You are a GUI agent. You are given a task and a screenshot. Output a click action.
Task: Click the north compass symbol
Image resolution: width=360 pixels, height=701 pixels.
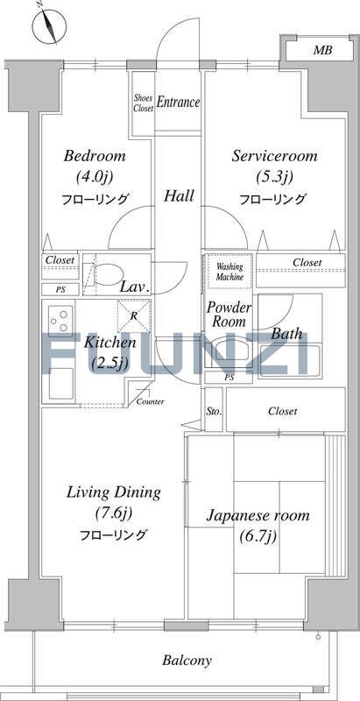point(49,26)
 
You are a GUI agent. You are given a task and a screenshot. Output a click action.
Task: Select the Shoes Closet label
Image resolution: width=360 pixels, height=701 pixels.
point(144,103)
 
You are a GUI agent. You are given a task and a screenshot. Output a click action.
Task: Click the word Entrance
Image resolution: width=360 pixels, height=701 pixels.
point(178,103)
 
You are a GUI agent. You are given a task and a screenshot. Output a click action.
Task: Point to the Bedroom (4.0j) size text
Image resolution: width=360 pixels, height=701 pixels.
point(95,177)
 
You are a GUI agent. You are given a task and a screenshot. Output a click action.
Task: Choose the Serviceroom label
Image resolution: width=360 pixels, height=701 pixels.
point(275,156)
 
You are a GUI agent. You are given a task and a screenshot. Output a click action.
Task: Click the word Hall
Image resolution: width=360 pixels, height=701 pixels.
point(179,195)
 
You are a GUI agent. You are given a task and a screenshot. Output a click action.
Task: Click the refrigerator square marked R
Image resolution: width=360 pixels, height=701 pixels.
point(133,316)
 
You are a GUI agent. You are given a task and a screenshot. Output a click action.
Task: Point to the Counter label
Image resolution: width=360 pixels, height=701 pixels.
point(150,401)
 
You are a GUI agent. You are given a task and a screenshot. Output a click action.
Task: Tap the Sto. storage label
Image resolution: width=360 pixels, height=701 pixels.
point(214,411)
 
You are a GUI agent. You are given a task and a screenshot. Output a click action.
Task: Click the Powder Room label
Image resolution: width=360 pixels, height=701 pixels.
point(229,315)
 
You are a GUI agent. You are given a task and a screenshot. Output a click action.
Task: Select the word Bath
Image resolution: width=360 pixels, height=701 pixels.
point(286,334)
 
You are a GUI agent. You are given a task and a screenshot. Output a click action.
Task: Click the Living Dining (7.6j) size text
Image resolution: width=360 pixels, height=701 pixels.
point(114,513)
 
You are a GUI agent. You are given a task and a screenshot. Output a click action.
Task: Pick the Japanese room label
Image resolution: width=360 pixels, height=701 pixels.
point(258,515)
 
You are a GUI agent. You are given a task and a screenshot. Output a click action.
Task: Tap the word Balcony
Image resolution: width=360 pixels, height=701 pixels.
point(187,661)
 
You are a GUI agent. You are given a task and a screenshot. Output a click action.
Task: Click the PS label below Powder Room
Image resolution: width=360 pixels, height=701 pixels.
point(229,378)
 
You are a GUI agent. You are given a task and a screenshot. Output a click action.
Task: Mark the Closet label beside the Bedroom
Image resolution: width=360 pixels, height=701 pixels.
point(60,259)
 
